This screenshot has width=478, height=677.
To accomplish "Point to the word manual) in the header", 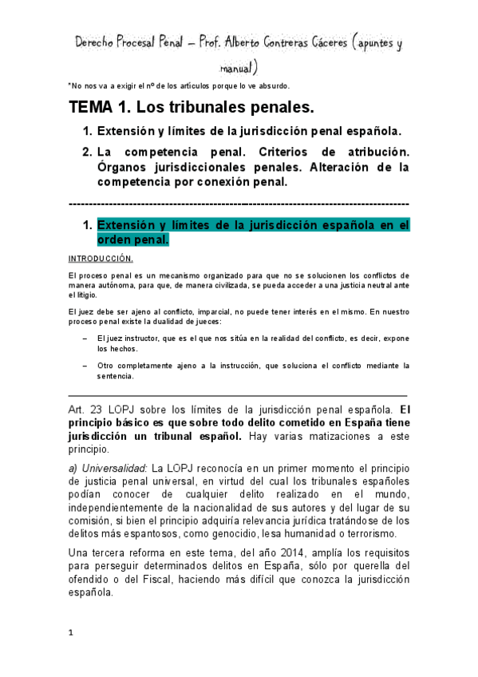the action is point(239,66).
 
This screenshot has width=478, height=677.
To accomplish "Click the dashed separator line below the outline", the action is point(239,204).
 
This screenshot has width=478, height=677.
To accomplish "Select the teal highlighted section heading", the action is point(253,232).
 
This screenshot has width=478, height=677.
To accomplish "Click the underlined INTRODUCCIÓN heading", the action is point(101,259).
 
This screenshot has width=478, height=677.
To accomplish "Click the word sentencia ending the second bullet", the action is point(116,375).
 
